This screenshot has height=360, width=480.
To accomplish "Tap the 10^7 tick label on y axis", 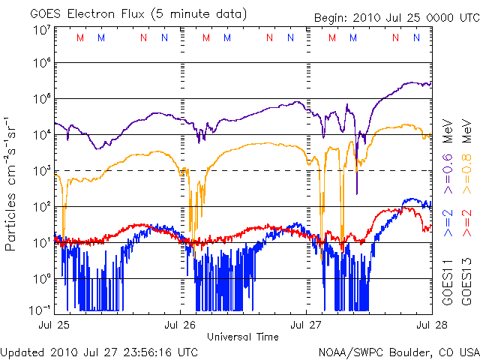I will click(x=41, y=30).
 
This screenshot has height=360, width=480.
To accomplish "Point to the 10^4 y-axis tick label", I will click(x=41, y=135).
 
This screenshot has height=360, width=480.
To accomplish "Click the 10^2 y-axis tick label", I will click(x=41, y=206).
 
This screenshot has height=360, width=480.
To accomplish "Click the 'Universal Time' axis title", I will click(x=243, y=336).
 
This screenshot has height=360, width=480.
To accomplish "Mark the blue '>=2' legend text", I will click(x=447, y=223).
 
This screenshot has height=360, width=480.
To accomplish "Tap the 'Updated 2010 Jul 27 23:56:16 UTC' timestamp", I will click(x=100, y=350).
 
